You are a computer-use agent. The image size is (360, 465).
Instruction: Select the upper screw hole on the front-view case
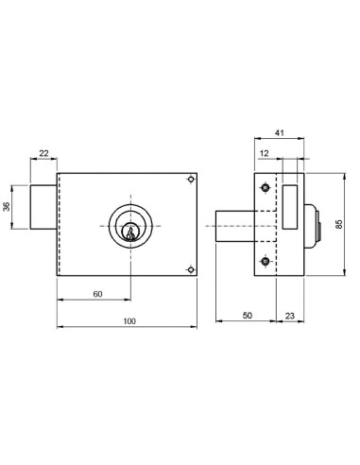tap(192, 181)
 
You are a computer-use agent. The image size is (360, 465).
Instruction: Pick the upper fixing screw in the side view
tap(266, 190)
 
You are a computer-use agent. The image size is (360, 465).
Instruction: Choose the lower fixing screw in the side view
tap(266, 261)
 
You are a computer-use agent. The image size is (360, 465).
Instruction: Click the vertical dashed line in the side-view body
tap(278, 227)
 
